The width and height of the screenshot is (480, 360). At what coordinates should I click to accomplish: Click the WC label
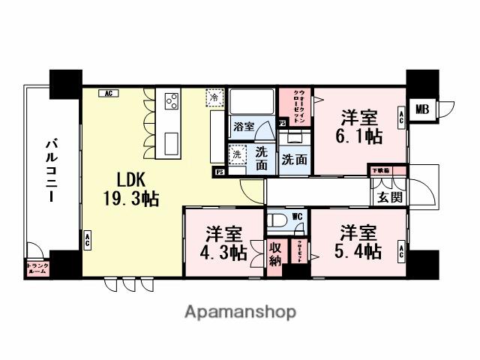297,217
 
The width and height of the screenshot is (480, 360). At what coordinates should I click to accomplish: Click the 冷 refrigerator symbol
214,98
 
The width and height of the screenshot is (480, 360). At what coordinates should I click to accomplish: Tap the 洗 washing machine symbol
236,154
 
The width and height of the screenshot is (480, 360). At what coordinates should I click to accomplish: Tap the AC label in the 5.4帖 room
400,251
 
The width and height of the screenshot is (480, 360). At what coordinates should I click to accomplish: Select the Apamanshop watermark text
240,311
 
